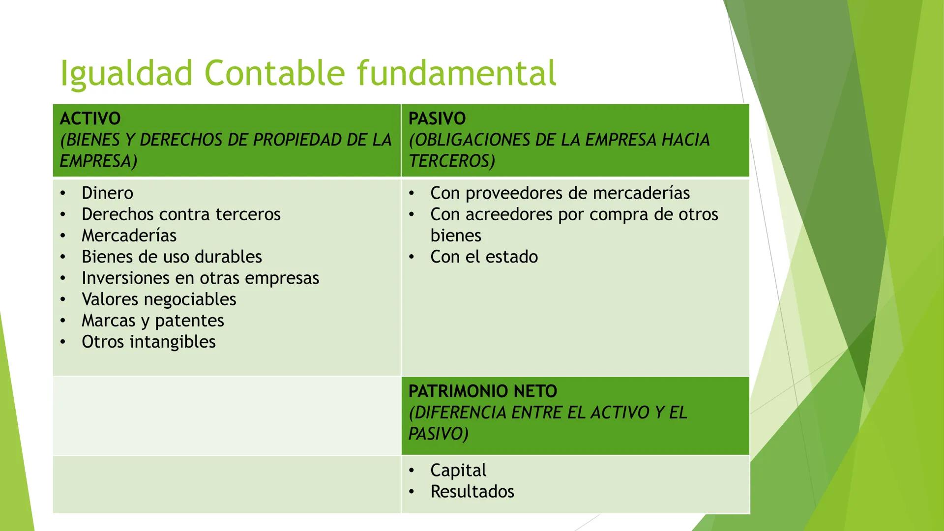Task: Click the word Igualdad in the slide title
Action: [126, 74]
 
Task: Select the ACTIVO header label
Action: [90, 118]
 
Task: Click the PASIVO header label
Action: [437, 118]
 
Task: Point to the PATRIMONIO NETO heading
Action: [482, 391]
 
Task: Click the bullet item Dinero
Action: [107, 193]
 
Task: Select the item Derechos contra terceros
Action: [181, 214]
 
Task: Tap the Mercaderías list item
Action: [129, 236]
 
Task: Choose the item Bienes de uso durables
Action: [172, 257]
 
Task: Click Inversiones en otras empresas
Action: [200, 278]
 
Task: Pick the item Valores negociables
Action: [159, 299]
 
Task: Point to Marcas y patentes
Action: [152, 321]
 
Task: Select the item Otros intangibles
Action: [148, 342]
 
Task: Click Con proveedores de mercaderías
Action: [560, 193]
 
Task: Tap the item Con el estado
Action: [484, 257]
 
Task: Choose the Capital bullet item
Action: [458, 471]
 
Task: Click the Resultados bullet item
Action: [472, 492]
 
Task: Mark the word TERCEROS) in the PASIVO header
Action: [451, 161]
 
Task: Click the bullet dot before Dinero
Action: [63, 193]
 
